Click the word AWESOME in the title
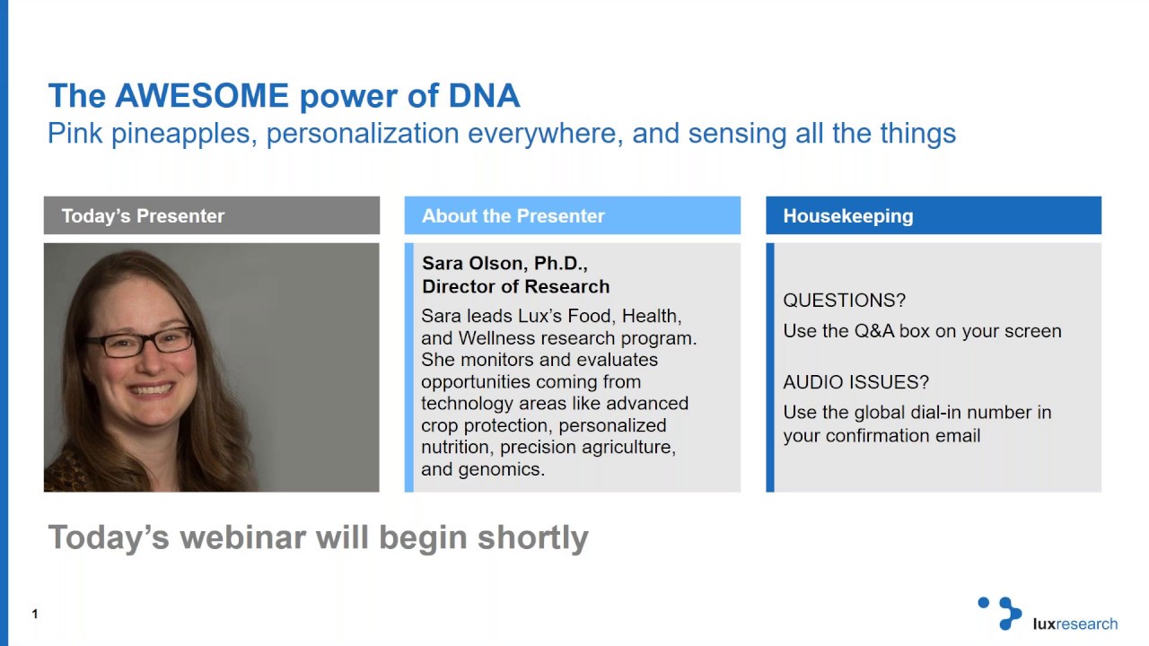[x=201, y=96]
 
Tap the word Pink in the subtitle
[x=74, y=134]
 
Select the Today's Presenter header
[x=143, y=216]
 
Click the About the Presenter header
[x=513, y=216]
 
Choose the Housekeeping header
[x=847, y=216]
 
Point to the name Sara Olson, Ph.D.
[x=504, y=264]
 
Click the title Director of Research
[x=515, y=287]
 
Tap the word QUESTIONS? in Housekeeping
[x=844, y=301]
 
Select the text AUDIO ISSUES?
[x=855, y=382]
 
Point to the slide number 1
[x=35, y=615]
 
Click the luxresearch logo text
[x=1074, y=624]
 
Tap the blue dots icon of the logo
[x=1000, y=613]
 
